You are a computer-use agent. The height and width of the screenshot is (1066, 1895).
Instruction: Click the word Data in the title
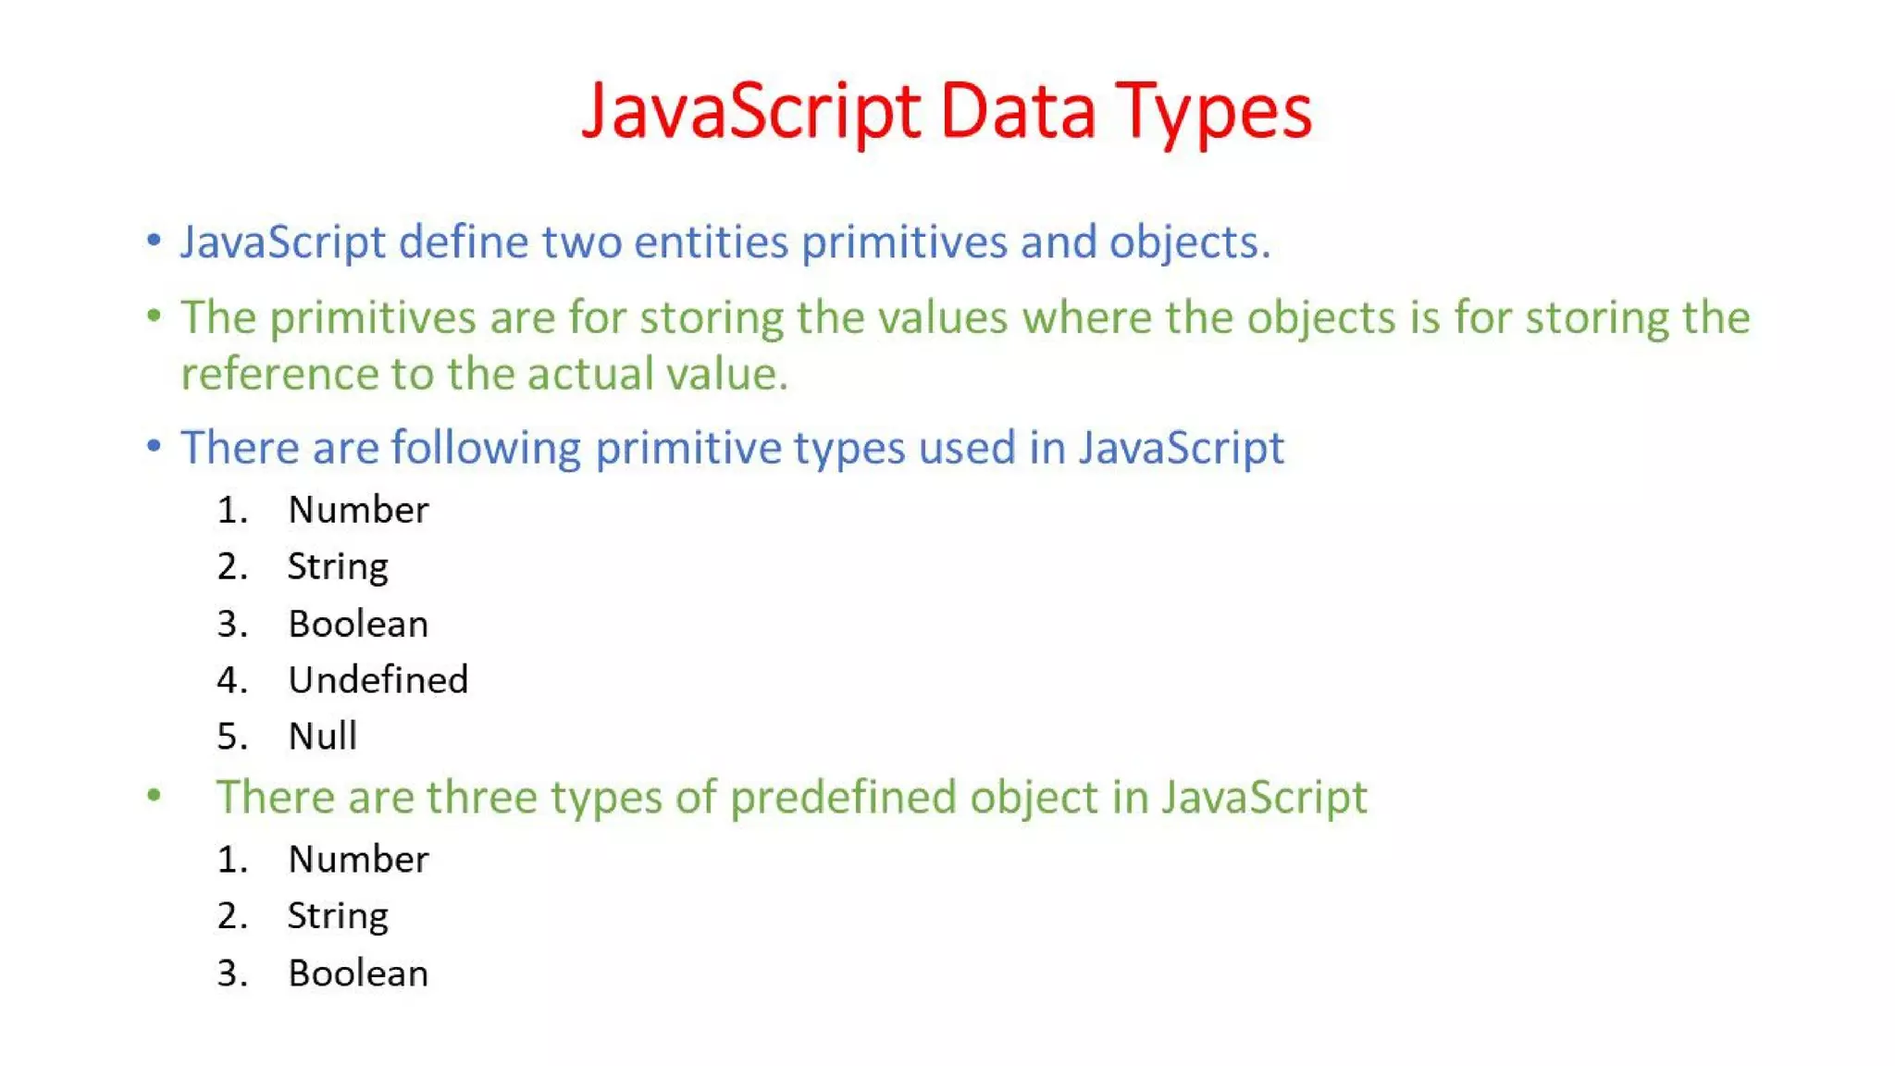[x=1018, y=112]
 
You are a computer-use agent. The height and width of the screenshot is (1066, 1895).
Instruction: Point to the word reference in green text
[x=279, y=374]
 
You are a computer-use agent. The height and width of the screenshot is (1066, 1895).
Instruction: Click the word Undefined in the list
[x=378, y=680]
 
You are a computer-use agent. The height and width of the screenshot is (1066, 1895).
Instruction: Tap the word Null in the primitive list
[x=322, y=737]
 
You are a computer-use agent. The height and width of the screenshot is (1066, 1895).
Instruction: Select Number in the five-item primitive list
[x=358, y=510]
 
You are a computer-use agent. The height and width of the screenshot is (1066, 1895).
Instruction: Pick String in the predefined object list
[x=337, y=916]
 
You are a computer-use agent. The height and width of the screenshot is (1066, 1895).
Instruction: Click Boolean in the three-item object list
[x=358, y=973]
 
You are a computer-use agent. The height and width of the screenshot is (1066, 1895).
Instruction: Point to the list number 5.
[x=232, y=737]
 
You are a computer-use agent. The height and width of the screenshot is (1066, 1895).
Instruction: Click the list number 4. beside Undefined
[x=232, y=680]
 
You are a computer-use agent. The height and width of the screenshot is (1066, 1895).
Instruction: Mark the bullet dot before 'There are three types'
[x=155, y=795]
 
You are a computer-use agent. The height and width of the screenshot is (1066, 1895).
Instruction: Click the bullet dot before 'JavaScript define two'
[x=155, y=241]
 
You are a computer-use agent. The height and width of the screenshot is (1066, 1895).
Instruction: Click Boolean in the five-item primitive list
[x=358, y=625]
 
